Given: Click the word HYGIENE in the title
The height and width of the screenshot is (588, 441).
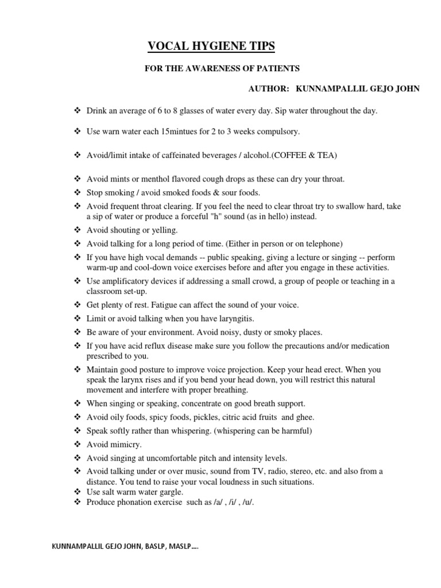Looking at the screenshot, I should tap(212, 47).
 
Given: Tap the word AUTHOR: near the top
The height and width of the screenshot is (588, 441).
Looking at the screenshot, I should tap(268, 88).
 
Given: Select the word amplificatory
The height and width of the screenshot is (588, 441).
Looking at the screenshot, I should tap(126, 281).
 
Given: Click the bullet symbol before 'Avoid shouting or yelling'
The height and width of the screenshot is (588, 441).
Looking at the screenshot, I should tap(78, 230).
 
